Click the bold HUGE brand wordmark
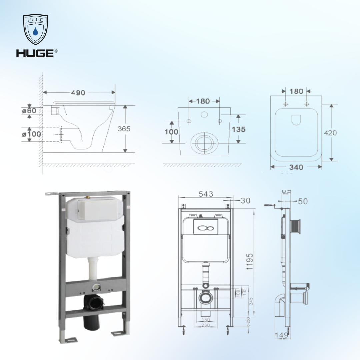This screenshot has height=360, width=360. coord(35,53)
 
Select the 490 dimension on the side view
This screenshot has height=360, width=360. coord(78,93)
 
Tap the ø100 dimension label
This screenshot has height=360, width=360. coord(31,134)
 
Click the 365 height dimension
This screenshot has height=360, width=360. coord(124,129)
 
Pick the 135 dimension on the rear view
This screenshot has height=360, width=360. coord(239,129)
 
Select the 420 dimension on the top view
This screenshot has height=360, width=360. coord(330,133)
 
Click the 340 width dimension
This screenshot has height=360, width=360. coord(296,167)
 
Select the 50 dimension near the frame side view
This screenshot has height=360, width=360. coord(303,201)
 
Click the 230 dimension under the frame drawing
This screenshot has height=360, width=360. coord(206,325)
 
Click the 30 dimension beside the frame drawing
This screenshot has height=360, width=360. coord(245,200)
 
